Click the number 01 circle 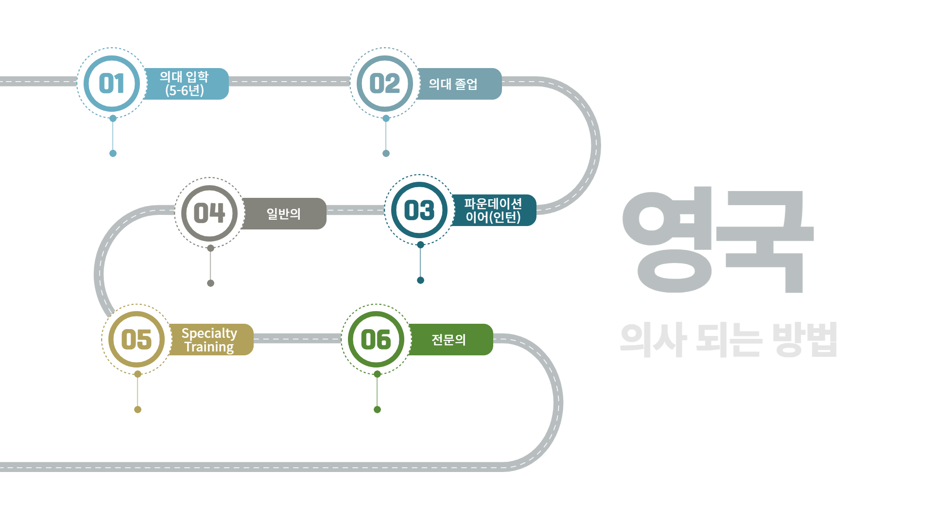pos(112,84)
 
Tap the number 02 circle pos(385,84)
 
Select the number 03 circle pos(419,210)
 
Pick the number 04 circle pos(209,213)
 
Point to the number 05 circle pos(137,339)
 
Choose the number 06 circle pos(376,339)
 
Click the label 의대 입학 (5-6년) pos(185,84)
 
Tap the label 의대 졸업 pos(453,84)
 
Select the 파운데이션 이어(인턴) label pos(493,210)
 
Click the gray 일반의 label pos(284,213)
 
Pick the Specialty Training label pos(209,340)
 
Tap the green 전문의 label pos(449,340)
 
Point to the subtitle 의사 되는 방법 pos(728,339)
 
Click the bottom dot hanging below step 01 pos(113,154)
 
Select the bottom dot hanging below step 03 pos(421,280)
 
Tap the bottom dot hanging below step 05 pos(138,410)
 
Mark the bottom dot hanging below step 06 pos(377,410)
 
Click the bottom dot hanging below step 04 pos(210,283)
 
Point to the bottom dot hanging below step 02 pos(386,154)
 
